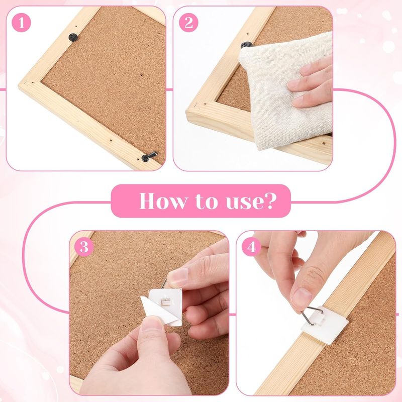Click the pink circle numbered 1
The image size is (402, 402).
tap(21, 23)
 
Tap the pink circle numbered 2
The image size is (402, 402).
tap(188, 23)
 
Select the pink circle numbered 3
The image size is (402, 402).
tap(84, 247)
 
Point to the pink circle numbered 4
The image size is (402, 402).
tap(251, 247)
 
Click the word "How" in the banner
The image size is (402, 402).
tap(163, 200)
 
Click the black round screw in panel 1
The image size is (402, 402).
tap(73, 37)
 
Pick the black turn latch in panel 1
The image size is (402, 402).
tap(149, 156)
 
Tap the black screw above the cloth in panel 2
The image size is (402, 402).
tap(246, 45)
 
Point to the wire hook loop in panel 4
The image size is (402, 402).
tap(312, 315)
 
